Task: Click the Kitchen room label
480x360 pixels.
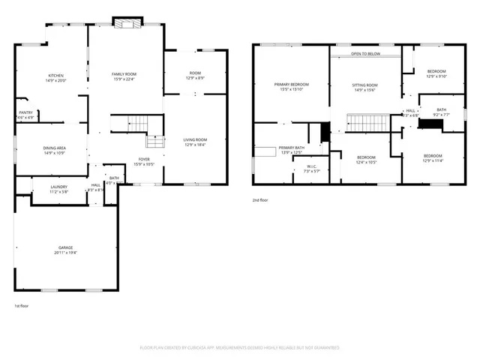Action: (55, 76)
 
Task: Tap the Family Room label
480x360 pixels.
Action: (126, 73)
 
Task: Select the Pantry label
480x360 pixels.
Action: (25, 113)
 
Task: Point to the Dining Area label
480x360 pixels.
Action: (55, 148)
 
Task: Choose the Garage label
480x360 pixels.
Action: (66, 247)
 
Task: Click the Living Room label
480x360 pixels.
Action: (195, 140)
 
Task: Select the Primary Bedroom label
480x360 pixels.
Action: (291, 85)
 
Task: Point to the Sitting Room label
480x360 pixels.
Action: (364, 85)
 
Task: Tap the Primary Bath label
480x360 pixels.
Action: (291, 148)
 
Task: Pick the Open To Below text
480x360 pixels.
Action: (365, 54)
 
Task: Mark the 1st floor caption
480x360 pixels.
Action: (22, 305)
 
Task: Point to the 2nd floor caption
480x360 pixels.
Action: (260, 199)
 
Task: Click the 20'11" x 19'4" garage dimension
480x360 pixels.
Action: (66, 253)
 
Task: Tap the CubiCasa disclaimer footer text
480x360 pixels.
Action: (240, 347)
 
